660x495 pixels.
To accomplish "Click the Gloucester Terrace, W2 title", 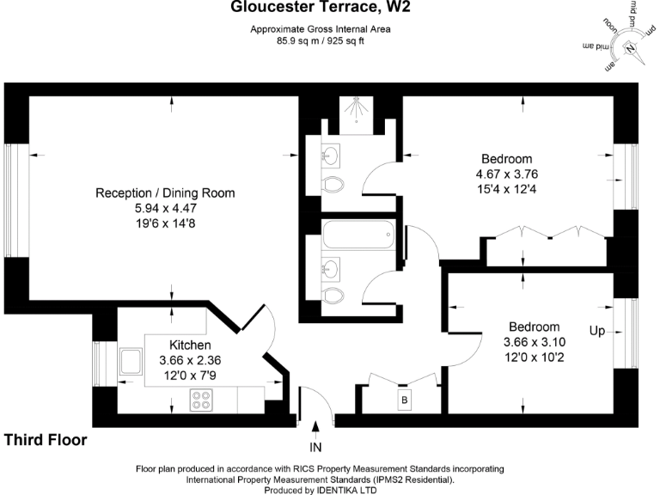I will [320, 9].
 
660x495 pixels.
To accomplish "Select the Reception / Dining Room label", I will [165, 192].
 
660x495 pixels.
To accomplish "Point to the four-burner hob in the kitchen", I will [201, 400].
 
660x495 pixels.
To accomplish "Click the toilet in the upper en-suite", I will [333, 185].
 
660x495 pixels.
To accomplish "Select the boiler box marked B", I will [403, 400].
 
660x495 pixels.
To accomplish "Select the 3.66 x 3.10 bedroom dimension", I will [534, 342].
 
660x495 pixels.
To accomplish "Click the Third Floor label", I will [45, 440].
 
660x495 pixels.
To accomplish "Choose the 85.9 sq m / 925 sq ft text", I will [320, 40].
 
